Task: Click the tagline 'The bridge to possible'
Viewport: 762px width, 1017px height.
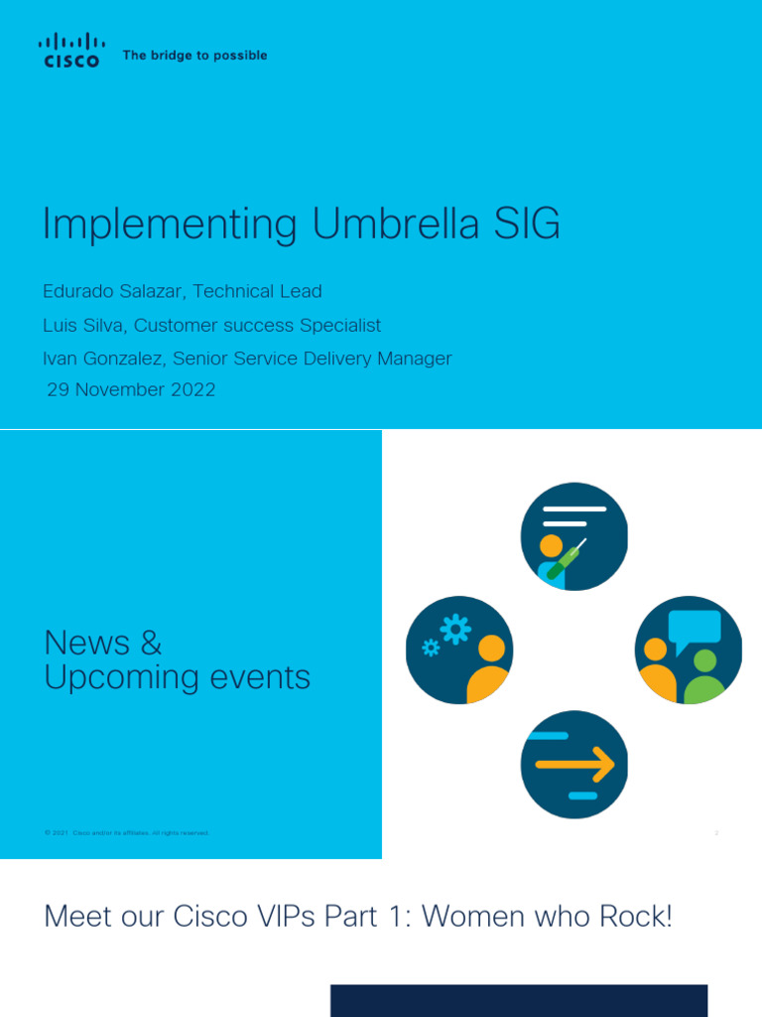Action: tap(194, 56)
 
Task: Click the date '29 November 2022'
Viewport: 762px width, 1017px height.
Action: tap(131, 390)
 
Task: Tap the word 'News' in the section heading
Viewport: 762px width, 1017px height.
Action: tap(88, 643)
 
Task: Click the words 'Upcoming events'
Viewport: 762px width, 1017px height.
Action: tap(178, 677)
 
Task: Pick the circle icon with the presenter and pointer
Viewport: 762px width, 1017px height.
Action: tap(574, 536)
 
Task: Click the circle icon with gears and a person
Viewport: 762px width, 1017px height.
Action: tap(459, 651)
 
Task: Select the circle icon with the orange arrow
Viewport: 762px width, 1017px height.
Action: tap(574, 765)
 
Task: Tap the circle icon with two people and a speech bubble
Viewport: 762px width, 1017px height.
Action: tap(689, 651)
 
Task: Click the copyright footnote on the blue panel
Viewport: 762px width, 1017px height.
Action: tap(126, 833)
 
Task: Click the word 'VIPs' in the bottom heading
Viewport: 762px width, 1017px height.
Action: tap(280, 917)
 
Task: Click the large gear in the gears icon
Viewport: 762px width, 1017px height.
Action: tap(455, 630)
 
